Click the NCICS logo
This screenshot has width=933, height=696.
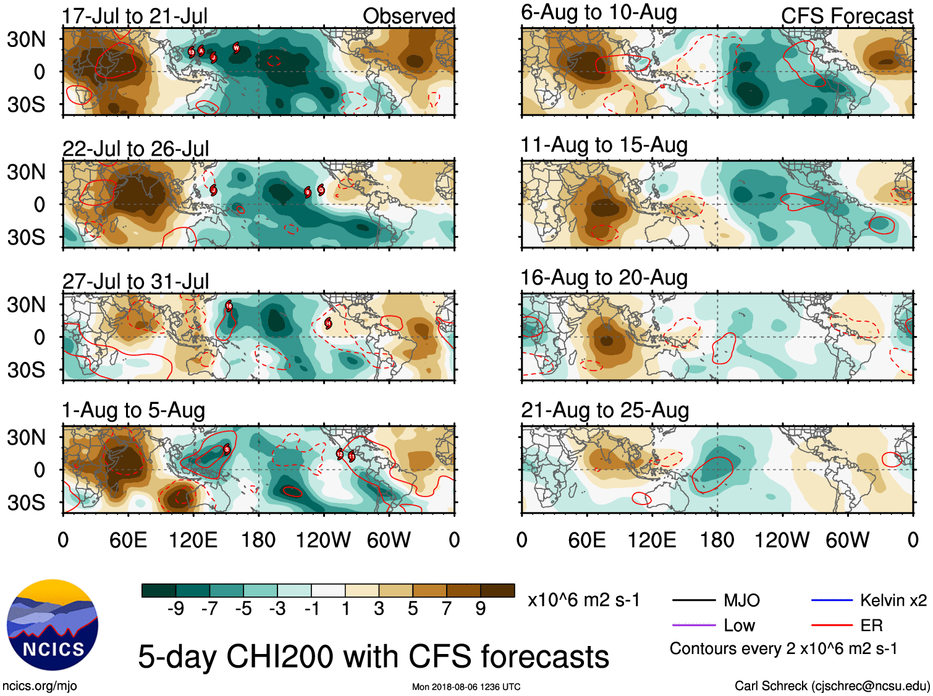pos(52,625)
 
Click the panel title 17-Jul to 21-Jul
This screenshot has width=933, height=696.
pos(135,16)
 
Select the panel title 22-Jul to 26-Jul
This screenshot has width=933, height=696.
pos(135,149)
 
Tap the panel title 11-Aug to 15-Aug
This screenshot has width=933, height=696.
pos(604,145)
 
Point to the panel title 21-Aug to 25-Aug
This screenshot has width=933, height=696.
pos(604,410)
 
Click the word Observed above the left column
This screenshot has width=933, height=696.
pos(408,16)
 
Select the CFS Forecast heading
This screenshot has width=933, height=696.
pos(846,16)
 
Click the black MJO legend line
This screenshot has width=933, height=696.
pos(693,600)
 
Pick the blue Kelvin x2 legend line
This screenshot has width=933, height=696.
pos(832,600)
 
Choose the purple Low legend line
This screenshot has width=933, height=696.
pos(693,626)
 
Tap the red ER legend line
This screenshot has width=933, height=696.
pos(832,626)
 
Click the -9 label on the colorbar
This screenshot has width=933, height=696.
pos(175,609)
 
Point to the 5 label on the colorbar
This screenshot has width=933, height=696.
pos(413,609)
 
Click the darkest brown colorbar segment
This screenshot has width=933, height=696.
pos(497,590)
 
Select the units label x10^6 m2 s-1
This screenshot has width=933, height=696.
pos(583,600)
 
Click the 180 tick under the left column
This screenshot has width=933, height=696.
pos(258,540)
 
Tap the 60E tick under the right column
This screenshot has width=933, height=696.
pos(586,540)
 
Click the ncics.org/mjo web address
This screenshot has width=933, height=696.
pos(40,686)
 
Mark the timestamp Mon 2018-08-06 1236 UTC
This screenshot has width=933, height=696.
pos(466,687)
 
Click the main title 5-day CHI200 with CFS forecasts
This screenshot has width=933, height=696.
pos(373,656)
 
